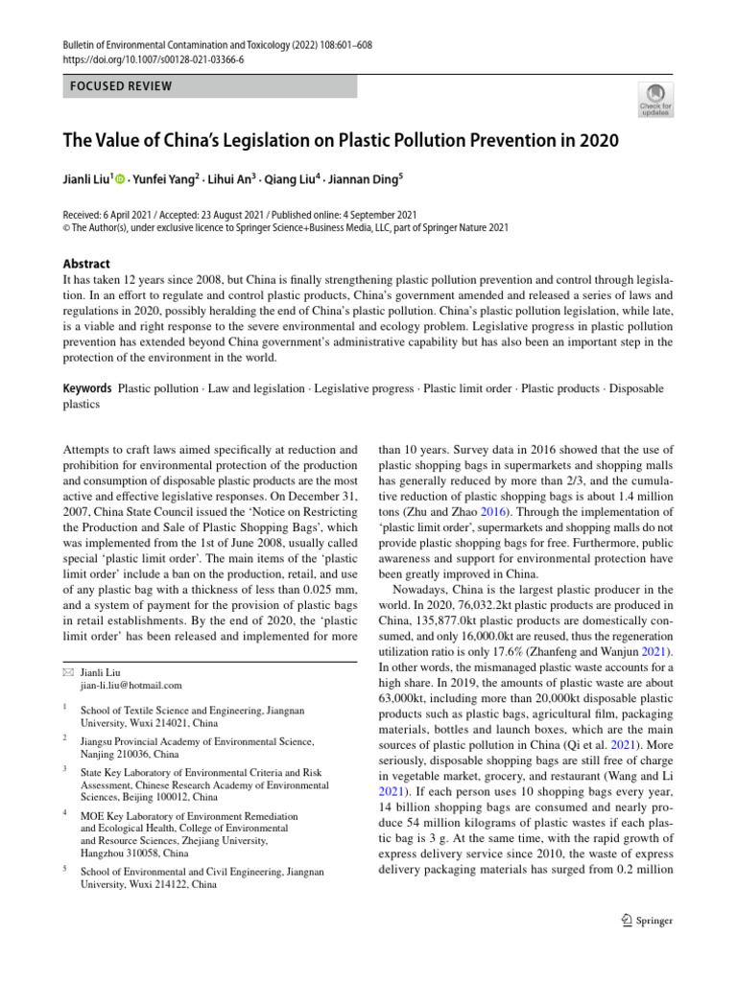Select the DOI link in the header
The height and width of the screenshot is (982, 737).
pos(155,58)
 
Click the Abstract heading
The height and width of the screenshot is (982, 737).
pos(85,264)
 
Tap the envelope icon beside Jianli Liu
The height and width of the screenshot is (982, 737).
pos(66,672)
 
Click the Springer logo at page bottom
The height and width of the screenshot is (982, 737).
pos(648,921)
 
